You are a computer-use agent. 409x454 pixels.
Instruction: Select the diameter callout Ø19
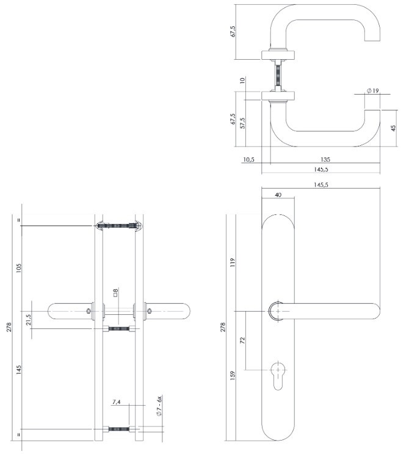372,91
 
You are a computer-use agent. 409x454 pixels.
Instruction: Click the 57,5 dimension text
243,123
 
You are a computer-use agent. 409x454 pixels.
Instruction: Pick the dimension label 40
278,195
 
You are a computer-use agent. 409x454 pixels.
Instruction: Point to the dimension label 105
19,268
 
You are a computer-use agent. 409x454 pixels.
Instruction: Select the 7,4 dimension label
117,403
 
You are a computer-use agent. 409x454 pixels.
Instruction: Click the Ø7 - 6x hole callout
159,407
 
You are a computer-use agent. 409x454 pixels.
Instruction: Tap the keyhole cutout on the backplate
279,373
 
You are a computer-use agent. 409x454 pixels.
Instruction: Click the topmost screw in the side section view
118,226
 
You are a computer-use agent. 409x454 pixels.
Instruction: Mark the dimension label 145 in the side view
19,370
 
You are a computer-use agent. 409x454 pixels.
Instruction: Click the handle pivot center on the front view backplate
278,311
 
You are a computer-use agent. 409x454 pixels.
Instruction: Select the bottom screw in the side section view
118,429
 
